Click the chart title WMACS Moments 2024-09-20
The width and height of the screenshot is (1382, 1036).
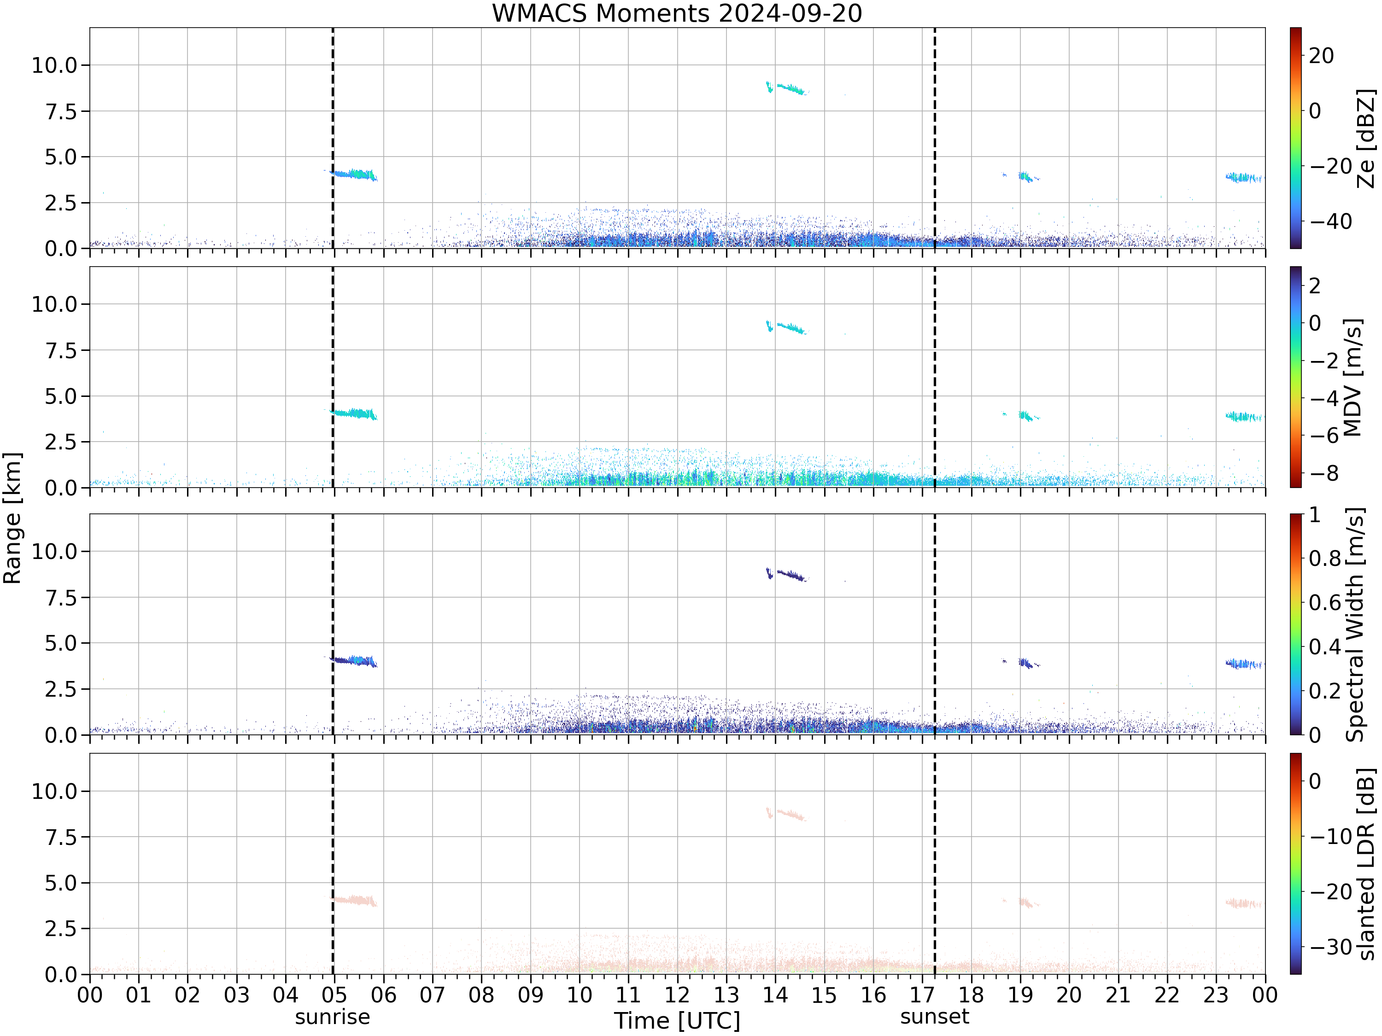677,13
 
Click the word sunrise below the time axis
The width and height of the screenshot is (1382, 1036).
333,1017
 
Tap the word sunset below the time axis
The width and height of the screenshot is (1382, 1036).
935,1017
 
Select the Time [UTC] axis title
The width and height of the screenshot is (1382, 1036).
677,1021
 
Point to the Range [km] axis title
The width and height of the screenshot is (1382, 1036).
12,518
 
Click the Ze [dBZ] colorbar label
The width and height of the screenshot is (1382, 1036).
1366,139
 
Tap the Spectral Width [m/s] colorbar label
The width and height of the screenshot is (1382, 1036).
1354,624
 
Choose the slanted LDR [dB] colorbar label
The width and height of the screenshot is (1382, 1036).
1366,864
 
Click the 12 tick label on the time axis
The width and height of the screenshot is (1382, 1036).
677,995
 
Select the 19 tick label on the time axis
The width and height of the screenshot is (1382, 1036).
1020,995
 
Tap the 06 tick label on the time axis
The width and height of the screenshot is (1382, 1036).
384,995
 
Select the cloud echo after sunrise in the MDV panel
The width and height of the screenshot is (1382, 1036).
354,413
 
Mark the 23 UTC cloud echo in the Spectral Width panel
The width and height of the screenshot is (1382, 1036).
1243,664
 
